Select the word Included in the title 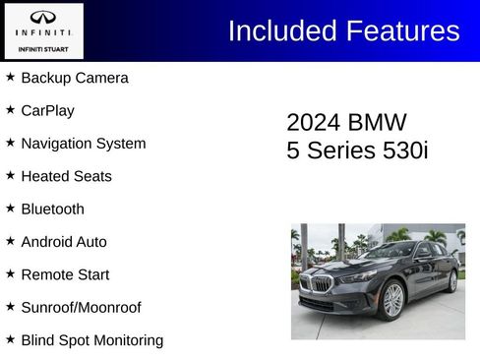click(281, 30)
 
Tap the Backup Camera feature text click(75, 78)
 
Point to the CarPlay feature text click(47, 110)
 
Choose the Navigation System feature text click(84, 144)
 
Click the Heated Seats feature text click(66, 176)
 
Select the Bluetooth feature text click(52, 209)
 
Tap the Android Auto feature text click(64, 242)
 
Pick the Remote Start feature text click(65, 274)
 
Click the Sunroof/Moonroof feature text click(81, 308)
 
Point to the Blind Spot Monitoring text click(92, 340)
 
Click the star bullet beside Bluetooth click(10, 209)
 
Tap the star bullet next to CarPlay click(10, 110)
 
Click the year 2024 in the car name click(313, 122)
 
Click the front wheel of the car click(392, 300)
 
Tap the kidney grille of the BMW click(321, 284)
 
